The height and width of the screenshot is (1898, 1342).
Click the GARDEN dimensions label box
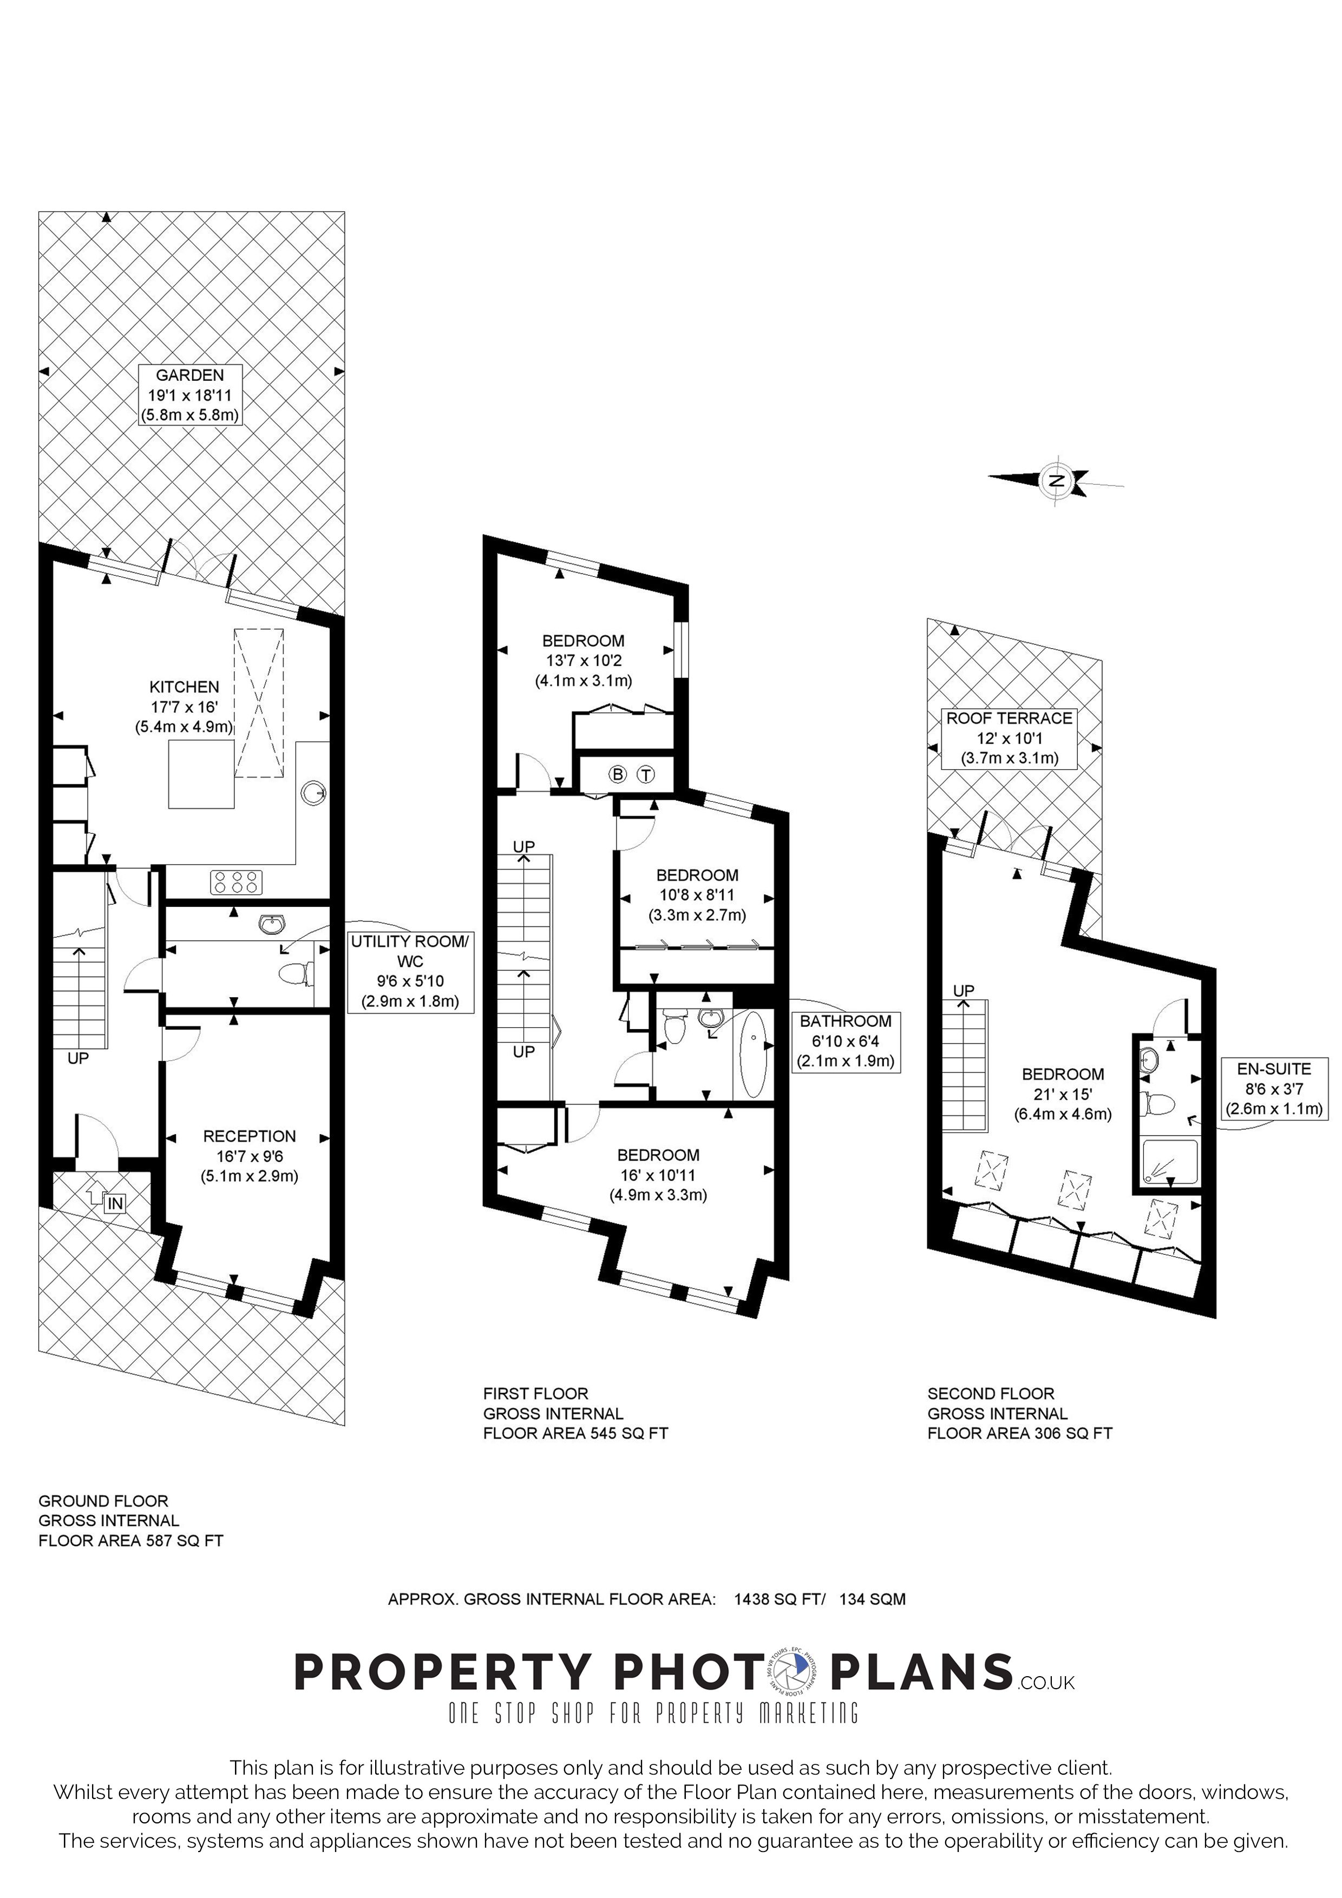click(x=189, y=395)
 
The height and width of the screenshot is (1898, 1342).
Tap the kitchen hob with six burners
click(x=237, y=882)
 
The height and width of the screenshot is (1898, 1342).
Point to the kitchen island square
click(x=201, y=774)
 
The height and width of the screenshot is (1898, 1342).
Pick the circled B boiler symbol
click(x=617, y=775)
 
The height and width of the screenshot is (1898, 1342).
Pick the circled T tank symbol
click(x=646, y=775)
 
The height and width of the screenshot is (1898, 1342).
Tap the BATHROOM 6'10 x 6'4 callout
click(x=845, y=1042)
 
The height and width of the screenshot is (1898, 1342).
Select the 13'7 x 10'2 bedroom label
click(x=583, y=661)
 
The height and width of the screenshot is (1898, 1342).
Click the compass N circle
click(x=1056, y=480)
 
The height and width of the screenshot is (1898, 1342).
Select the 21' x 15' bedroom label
click(x=1063, y=1093)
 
